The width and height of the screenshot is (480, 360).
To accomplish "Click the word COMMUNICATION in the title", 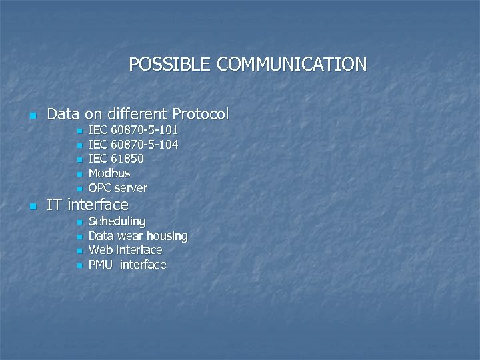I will point(292,64).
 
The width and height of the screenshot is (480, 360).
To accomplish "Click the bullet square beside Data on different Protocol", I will point(31,115).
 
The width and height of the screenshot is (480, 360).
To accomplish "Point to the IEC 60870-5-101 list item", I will point(133,129).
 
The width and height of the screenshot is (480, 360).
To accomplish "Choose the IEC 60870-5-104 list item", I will point(133,144).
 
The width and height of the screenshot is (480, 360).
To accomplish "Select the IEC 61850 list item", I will point(116,159).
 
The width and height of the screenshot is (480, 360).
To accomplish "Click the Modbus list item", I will point(109,173).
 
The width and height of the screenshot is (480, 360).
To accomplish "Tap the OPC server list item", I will point(117,188).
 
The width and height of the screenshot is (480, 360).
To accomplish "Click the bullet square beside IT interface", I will point(31,206).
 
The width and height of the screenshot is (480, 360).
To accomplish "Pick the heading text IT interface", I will point(87,205).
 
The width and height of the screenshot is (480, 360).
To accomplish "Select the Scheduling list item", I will point(117,221).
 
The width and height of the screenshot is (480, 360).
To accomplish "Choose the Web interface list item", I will point(125,250).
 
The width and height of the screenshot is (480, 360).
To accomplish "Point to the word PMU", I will point(101,265).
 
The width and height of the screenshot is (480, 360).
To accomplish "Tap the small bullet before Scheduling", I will point(79,222).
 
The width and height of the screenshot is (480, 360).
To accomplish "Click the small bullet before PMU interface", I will point(79,266).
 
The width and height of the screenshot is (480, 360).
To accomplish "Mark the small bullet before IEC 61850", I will point(79,160).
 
